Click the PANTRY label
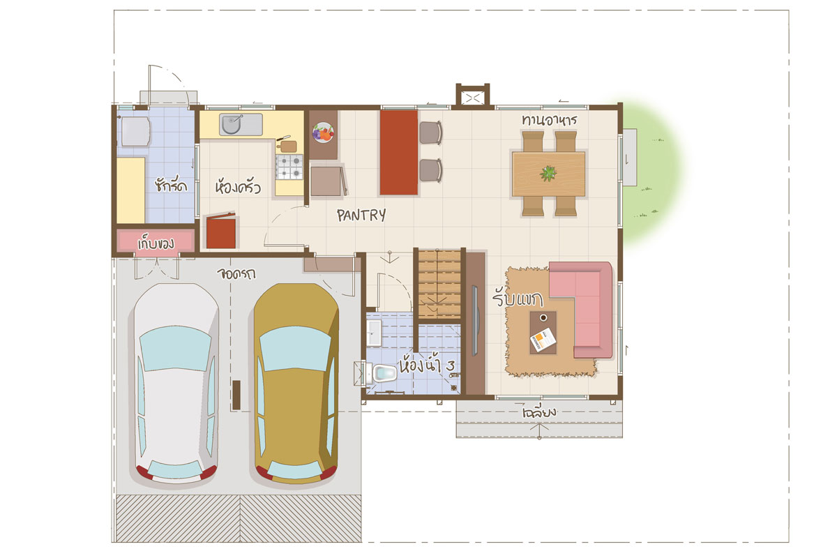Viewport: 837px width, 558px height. point(361,216)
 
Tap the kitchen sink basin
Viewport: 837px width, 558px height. point(232,123)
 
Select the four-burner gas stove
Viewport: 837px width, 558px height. point(289,167)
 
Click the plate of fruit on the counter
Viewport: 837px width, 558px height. point(323,133)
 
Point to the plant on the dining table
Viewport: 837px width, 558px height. point(548,174)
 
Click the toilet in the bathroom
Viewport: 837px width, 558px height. point(383,373)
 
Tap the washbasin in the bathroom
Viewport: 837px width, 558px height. point(374,332)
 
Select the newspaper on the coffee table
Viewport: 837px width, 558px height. point(543,340)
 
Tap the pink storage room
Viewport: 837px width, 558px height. point(156,241)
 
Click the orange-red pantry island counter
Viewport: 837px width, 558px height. point(399,152)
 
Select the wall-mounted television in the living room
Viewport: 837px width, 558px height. point(475,320)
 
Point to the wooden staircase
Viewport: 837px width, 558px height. point(439,285)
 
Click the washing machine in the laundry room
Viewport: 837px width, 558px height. point(134,131)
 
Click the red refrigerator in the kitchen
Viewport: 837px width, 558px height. point(221,231)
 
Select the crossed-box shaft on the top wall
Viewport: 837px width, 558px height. point(473,98)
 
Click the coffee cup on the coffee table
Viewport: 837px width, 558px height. point(543,317)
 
